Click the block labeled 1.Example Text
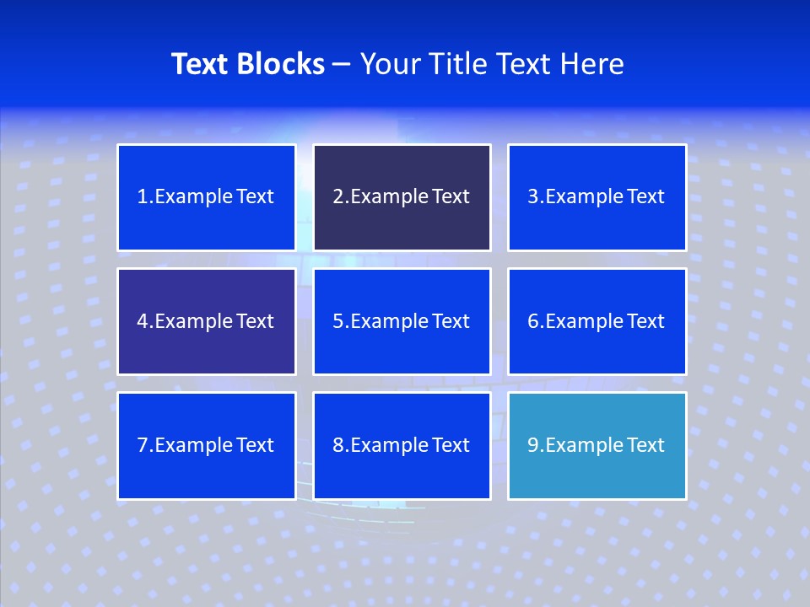(x=206, y=197)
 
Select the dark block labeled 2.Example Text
(x=402, y=197)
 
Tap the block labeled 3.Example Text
(x=597, y=197)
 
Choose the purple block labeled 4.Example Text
(x=206, y=321)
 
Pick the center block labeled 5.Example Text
(x=402, y=321)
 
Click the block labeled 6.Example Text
(x=597, y=321)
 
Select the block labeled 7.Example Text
(x=206, y=445)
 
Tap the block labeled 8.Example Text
(x=402, y=445)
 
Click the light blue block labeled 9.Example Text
(x=597, y=445)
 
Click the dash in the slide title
(x=342, y=65)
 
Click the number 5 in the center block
(x=337, y=321)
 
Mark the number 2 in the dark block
(x=337, y=197)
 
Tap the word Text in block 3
(x=645, y=197)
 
